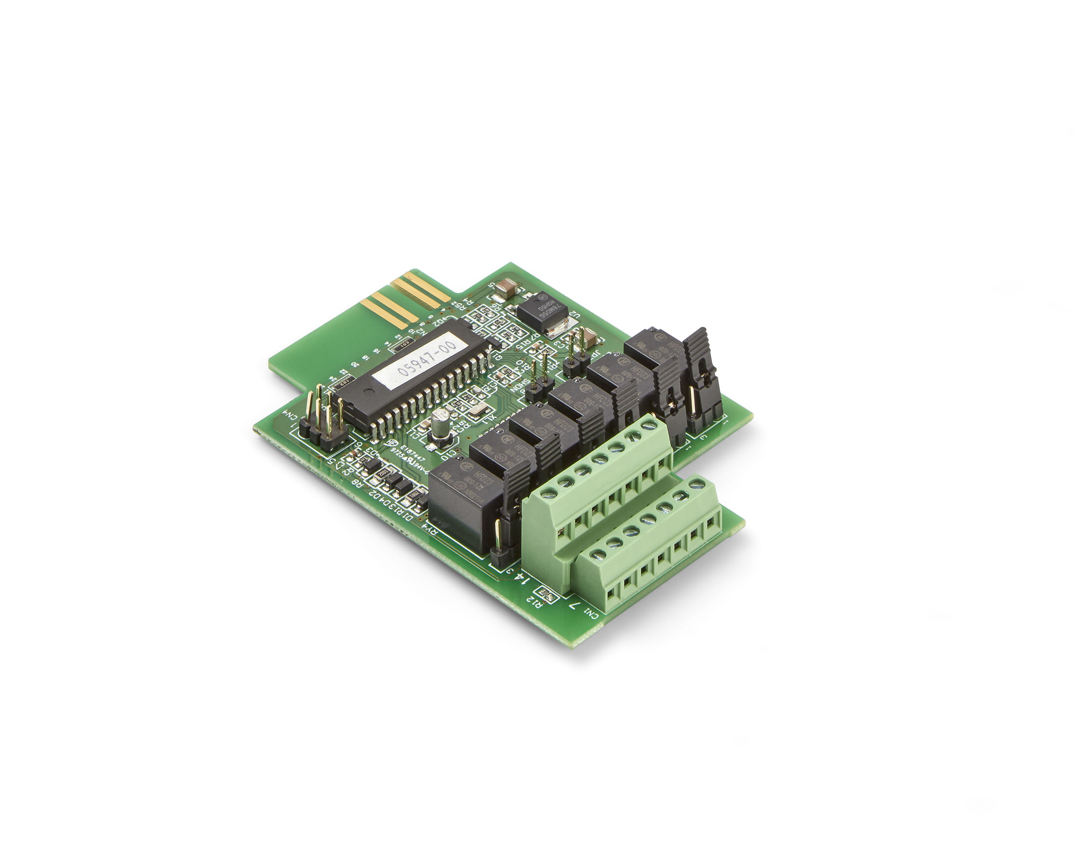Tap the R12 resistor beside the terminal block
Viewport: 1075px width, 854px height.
pyautogui.click(x=547, y=594)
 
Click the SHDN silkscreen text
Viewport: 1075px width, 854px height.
pyautogui.click(x=519, y=385)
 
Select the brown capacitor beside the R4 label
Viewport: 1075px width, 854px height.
pyautogui.click(x=509, y=286)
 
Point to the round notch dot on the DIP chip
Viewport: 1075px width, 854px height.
pyautogui.click(x=366, y=392)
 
